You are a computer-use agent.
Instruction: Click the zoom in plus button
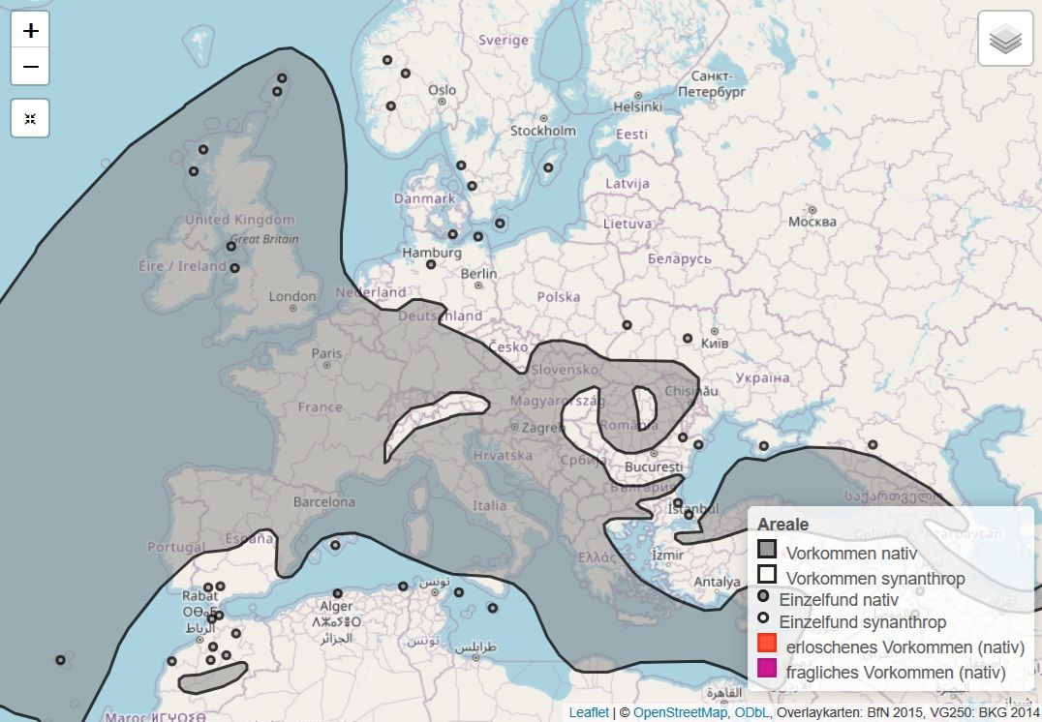[30, 31]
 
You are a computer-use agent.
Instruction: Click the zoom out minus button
[30, 67]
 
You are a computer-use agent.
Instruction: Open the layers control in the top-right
[1005, 39]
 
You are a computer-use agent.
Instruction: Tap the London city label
[292, 297]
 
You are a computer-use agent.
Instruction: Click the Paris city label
[326, 354]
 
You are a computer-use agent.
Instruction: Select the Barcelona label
[324, 502]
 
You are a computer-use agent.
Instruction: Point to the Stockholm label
[542, 131]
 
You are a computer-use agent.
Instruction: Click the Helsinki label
[636, 106]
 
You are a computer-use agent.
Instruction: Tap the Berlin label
[478, 274]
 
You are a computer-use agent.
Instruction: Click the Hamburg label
[430, 253]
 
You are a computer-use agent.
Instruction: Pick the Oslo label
[442, 91]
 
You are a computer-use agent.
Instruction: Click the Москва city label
[812, 222]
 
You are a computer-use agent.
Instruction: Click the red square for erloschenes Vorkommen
[767, 644]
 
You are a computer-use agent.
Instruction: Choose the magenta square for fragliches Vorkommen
[767, 668]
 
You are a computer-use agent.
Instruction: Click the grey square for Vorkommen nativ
[767, 550]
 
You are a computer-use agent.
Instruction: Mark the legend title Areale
[782, 525]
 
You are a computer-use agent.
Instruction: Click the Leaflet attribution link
[589, 712]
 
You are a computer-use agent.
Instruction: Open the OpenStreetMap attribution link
[680, 712]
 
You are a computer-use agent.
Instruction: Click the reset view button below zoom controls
[30, 118]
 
